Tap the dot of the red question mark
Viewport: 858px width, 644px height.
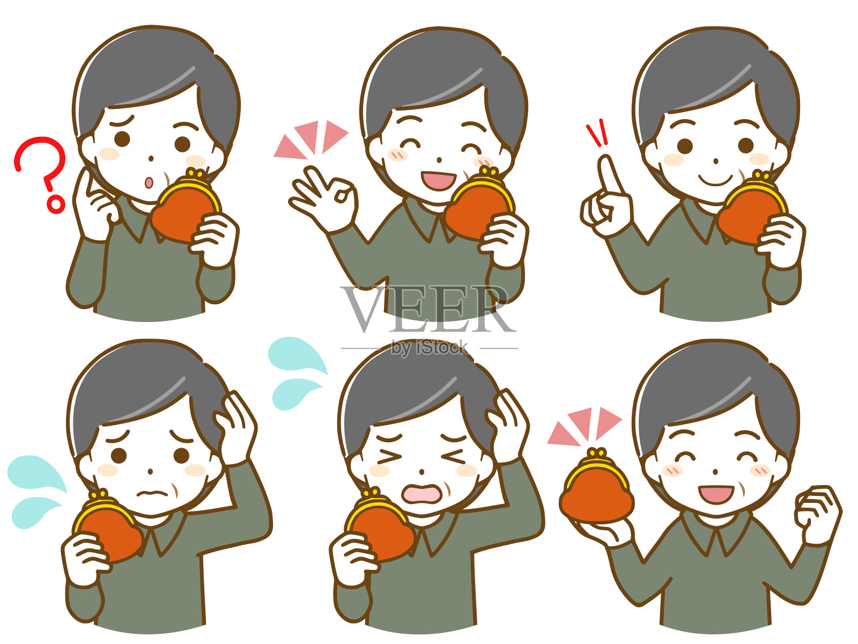click(x=56, y=204)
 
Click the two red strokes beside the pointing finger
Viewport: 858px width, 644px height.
click(x=597, y=133)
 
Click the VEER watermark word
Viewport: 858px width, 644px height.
click(x=428, y=309)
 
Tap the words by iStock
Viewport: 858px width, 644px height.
click(x=429, y=348)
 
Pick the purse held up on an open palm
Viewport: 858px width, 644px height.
click(x=596, y=486)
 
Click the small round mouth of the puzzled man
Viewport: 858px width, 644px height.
click(x=149, y=182)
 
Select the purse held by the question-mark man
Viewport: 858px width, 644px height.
click(x=186, y=205)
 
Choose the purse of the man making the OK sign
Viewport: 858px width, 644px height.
click(x=479, y=203)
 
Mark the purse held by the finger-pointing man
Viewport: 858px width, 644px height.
click(x=751, y=207)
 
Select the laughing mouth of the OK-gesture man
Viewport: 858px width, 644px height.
click(x=438, y=181)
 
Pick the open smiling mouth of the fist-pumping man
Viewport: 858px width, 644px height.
click(x=716, y=495)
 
